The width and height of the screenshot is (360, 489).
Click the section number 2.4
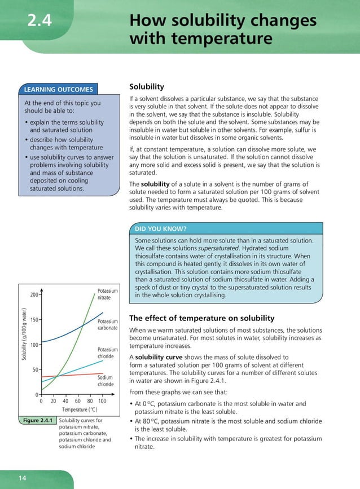tap(40, 22)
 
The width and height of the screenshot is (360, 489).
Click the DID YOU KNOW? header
tap(160, 229)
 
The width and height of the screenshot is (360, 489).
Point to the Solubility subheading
tap(147, 87)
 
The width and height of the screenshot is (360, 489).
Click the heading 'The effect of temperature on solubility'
tap(201, 318)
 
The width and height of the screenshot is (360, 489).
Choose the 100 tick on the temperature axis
tap(102, 401)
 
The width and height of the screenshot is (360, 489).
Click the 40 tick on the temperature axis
tap(65, 401)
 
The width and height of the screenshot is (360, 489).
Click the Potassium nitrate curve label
tap(107, 293)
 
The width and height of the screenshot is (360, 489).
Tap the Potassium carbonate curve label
tap(107, 324)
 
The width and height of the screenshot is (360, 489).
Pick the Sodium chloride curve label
tap(106, 381)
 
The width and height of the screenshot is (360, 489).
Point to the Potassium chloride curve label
tap(107, 353)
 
